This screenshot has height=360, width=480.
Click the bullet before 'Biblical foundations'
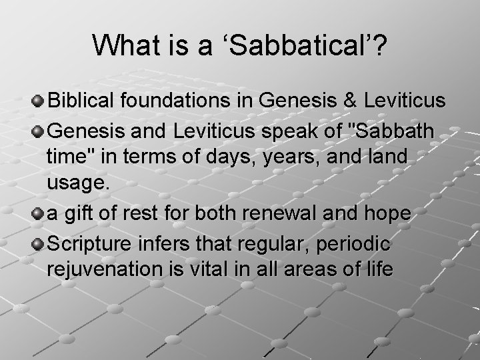click(38, 101)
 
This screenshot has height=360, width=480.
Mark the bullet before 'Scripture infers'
click(38, 242)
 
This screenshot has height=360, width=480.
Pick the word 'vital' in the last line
click(187, 271)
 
